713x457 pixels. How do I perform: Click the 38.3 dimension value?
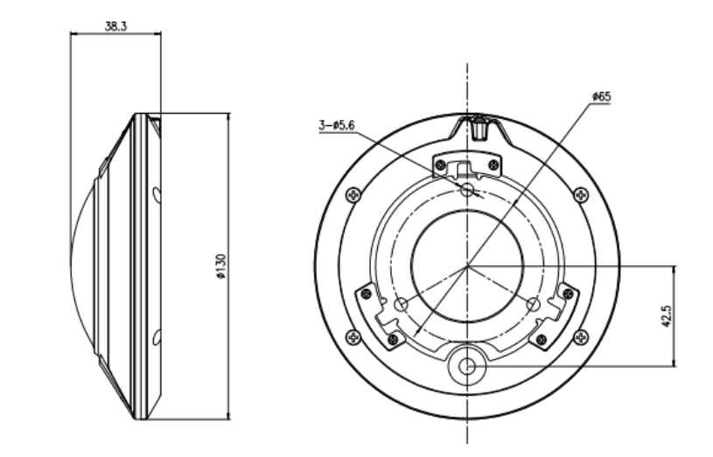coord(115,27)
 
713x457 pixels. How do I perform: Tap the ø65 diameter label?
coord(601,95)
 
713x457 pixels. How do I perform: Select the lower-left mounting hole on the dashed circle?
coord(402,304)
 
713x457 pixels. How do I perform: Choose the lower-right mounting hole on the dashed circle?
coord(533,304)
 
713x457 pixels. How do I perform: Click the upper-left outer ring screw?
coord(353,194)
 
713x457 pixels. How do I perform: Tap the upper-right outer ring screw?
coord(582,194)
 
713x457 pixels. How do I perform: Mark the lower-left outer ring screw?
coord(353,335)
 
